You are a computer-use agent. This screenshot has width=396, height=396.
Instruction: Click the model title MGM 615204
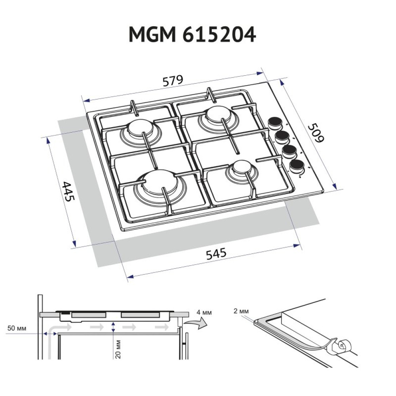coord(192,35)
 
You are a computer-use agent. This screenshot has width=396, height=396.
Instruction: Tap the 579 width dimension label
coord(173,81)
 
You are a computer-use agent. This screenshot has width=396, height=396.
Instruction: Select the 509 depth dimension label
coord(316,133)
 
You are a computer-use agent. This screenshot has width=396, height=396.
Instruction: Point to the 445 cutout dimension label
coord(68,192)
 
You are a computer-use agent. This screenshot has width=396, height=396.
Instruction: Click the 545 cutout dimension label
coord(216,254)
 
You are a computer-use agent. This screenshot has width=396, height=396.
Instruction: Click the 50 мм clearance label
coord(16,328)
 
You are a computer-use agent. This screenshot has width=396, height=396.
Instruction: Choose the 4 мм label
coord(204,313)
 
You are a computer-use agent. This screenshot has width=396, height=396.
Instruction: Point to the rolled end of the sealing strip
coord(340,347)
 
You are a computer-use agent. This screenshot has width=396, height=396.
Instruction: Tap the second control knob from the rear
coord(282,137)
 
